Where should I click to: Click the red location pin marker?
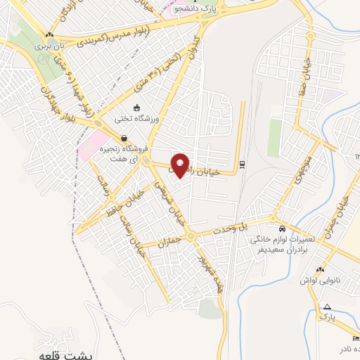click(181, 165)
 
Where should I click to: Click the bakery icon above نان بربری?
click(49, 34)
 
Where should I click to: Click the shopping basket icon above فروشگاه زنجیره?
click(124, 139)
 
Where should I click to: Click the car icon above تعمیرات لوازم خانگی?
click(282, 229)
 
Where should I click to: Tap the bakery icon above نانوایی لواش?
click(320, 269)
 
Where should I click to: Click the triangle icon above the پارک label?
click(328, 307)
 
